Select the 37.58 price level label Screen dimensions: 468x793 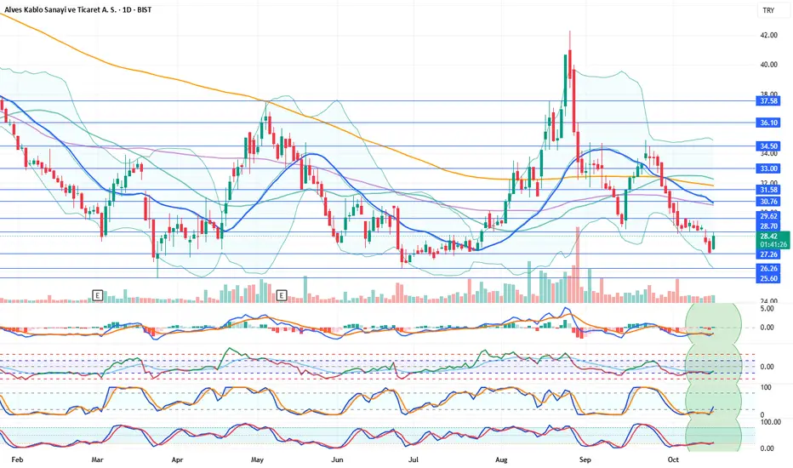768,100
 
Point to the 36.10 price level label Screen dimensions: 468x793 768,123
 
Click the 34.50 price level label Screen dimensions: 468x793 768,146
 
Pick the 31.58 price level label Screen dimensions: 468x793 768,190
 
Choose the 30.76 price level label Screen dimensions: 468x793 768,202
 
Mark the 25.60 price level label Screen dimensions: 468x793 768,278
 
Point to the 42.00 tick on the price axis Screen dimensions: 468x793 768,36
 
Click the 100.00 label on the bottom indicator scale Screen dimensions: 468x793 769,422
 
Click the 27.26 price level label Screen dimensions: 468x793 768,254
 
